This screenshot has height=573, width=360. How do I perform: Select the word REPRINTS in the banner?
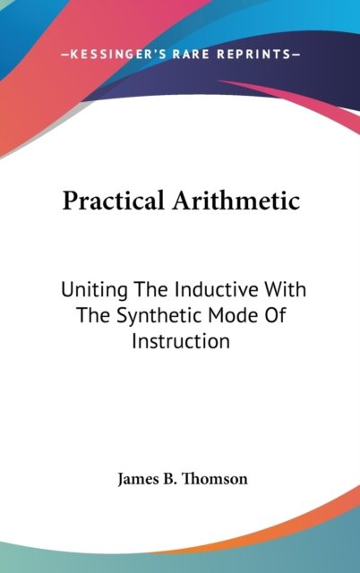(253, 55)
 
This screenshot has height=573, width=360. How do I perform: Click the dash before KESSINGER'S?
(64, 55)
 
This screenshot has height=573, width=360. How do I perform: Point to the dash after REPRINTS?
(296, 55)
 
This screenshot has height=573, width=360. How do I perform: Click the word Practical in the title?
(114, 201)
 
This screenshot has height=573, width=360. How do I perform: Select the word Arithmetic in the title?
(236, 200)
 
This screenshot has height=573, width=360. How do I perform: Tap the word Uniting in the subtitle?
(94, 290)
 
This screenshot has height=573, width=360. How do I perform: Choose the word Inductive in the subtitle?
(217, 289)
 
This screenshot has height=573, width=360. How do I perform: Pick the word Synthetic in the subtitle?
(159, 316)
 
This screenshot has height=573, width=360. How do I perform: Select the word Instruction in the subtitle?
(181, 341)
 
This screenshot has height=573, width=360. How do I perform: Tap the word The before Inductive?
(151, 289)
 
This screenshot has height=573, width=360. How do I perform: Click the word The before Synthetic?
(94, 315)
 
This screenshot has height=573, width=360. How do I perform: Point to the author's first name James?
(134, 479)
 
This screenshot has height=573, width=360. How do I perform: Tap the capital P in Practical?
(69, 201)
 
